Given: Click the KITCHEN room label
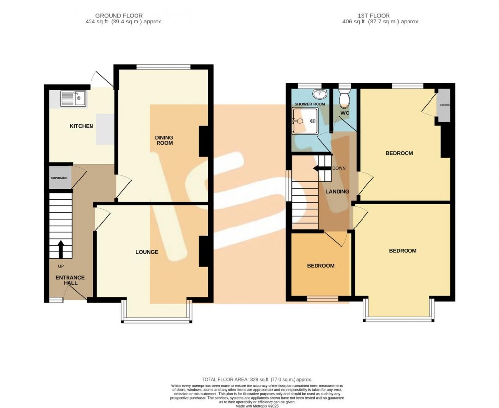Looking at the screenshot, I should (x=81, y=126).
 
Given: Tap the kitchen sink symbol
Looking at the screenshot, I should (x=72, y=99).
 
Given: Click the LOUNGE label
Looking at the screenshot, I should (x=147, y=252).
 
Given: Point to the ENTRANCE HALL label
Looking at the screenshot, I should (x=69, y=280).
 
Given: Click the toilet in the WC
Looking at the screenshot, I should (x=344, y=98).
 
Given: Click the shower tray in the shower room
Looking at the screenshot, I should (x=305, y=121).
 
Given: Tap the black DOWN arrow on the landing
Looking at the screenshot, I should (x=321, y=168).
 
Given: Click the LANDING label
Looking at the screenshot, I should (x=338, y=192).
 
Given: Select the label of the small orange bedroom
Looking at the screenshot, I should (x=320, y=266).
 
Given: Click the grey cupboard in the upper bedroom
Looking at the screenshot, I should (x=444, y=106).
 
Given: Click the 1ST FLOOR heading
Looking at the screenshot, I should (x=381, y=16).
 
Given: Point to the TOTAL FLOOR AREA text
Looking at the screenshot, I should (x=257, y=380).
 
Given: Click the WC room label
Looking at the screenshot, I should (x=344, y=113).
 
